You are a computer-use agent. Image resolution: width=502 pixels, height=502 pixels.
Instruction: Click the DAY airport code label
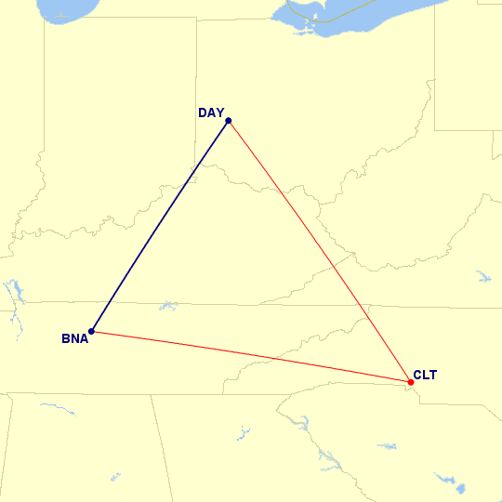211,113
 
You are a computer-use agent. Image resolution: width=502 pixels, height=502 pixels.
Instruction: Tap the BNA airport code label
74,338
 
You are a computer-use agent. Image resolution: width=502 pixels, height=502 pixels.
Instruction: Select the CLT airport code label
425,376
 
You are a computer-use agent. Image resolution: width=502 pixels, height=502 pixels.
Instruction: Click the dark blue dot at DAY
228,121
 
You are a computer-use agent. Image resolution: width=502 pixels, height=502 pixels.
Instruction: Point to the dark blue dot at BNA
91,331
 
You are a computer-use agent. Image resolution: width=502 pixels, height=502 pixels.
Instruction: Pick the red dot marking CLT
411,382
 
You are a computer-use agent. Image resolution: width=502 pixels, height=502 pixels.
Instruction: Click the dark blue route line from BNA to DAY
159,226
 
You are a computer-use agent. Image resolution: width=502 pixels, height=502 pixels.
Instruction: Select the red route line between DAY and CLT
319,251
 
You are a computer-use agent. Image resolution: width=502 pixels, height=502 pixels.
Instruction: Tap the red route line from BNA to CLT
251,356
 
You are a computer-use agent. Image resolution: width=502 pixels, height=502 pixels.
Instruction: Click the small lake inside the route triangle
168,305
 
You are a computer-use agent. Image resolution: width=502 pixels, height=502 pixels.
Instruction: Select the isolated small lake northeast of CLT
482,276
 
